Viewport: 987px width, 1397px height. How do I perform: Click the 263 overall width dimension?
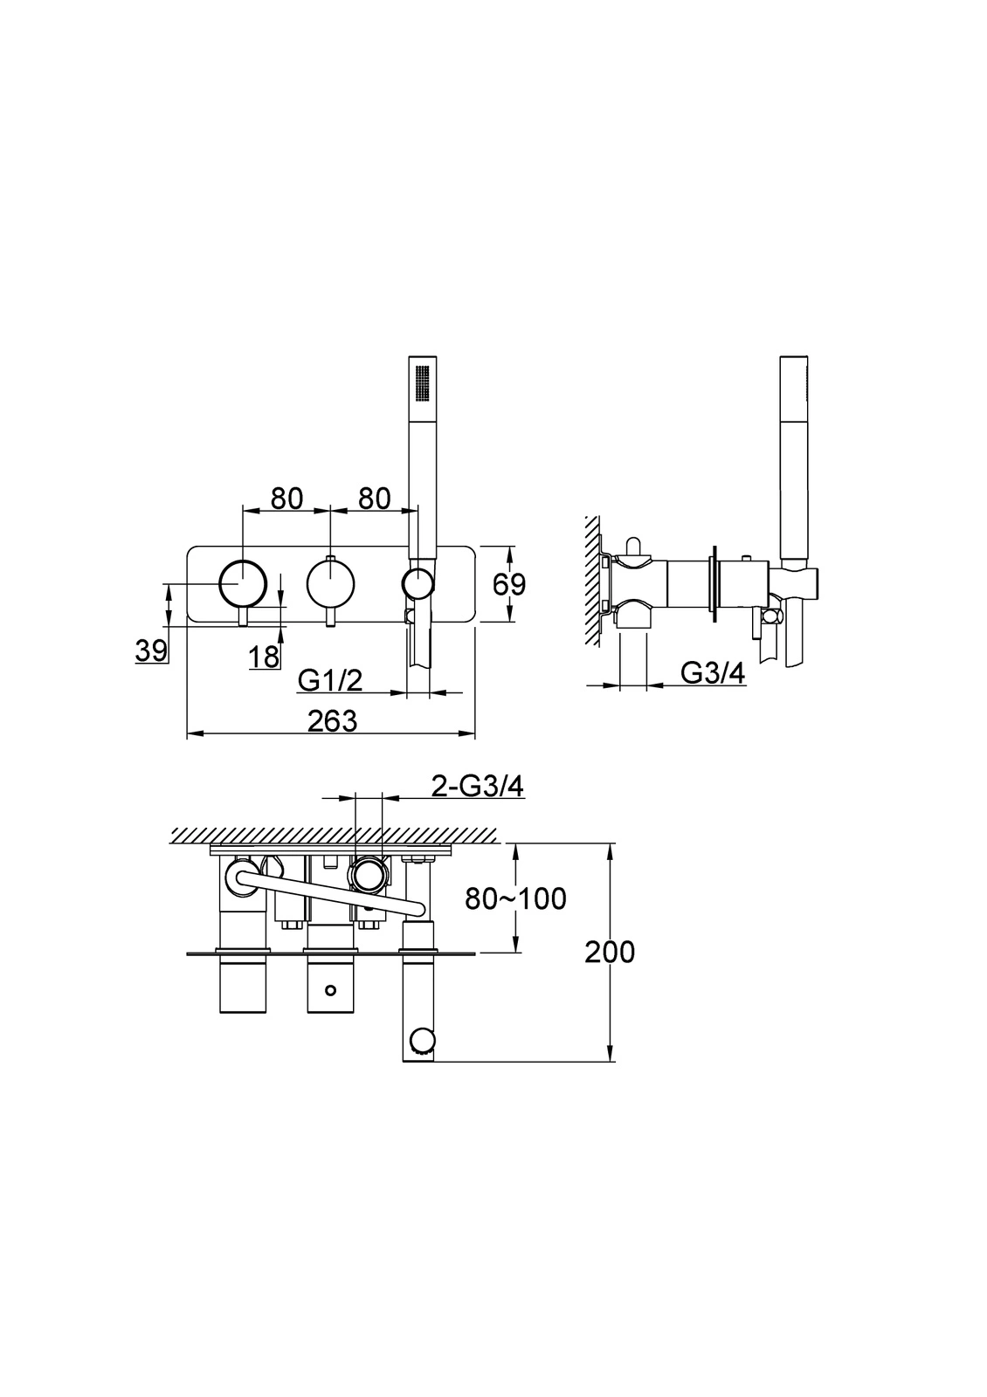click(x=332, y=721)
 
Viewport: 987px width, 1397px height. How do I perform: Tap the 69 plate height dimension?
click(x=509, y=584)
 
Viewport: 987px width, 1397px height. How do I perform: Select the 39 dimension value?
click(x=152, y=651)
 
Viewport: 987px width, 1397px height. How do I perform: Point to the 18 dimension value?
click(x=264, y=657)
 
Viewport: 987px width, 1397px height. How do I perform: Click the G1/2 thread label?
click(x=330, y=680)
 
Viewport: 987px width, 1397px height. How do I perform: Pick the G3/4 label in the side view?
click(x=713, y=673)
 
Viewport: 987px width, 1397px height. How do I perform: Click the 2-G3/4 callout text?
click(x=478, y=787)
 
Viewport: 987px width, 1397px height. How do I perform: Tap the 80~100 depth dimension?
click(x=516, y=898)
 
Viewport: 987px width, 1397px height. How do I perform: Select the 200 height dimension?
click(x=610, y=953)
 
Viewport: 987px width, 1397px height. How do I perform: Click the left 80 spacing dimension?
click(x=287, y=499)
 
